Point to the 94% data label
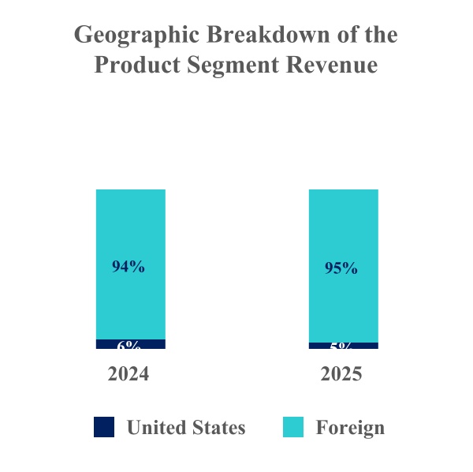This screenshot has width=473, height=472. [128, 267]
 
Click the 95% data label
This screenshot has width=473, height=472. [341, 268]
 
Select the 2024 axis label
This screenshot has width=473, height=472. [128, 373]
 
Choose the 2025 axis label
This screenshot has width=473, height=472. [341, 373]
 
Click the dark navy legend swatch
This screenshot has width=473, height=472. [104, 427]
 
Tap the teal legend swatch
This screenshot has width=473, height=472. [292, 427]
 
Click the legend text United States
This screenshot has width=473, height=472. [186, 428]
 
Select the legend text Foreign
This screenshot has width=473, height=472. [350, 428]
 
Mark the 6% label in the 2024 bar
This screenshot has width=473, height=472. [129, 346]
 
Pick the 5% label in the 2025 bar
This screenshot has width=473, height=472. [341, 347]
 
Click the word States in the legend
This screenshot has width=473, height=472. [218, 428]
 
